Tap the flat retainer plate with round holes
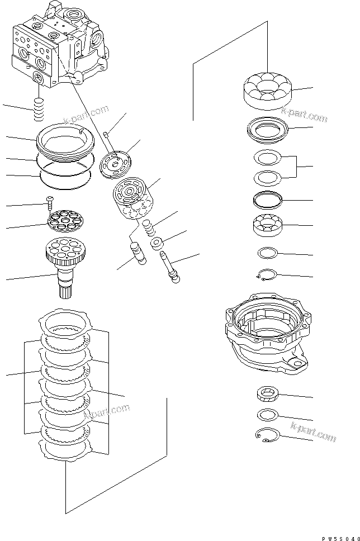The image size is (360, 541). click(x=65, y=219)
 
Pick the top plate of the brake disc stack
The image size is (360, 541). click(x=66, y=322)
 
